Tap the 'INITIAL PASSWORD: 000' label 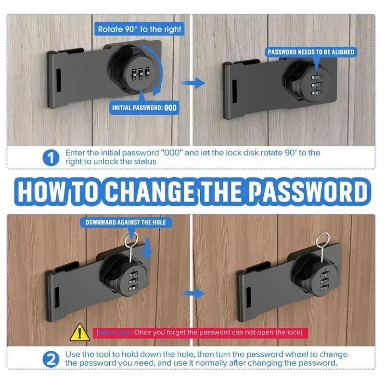[144, 108]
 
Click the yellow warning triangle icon [77, 332]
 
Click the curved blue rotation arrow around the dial [164, 79]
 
